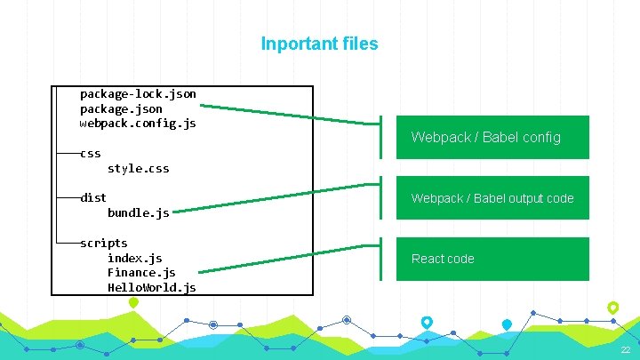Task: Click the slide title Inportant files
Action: click(x=319, y=44)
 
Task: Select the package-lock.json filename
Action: click(x=138, y=93)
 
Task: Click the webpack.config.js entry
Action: click(x=138, y=123)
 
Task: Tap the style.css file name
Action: click(x=138, y=168)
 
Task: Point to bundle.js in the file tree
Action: click(x=138, y=212)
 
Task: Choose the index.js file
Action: click(x=134, y=258)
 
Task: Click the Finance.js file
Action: click(x=141, y=273)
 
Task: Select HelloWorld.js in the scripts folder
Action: click(x=151, y=288)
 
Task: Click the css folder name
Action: click(x=90, y=153)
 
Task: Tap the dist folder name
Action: click(x=92, y=197)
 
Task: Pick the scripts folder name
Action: click(x=103, y=243)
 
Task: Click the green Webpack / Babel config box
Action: click(x=492, y=137)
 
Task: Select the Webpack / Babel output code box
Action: click(x=492, y=198)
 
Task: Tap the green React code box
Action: click(x=492, y=259)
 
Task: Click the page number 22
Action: click(x=626, y=351)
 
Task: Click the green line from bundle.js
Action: click(x=267, y=198)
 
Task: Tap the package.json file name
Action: click(x=121, y=108)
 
